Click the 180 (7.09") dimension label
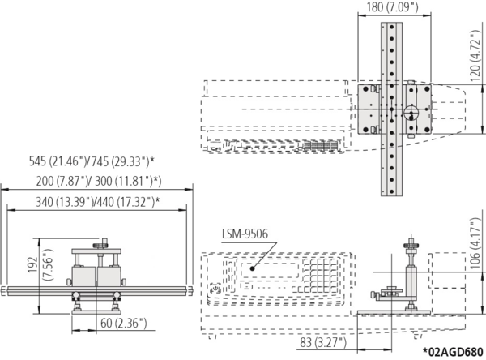coord(392,6)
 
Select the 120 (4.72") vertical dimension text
coord(475,56)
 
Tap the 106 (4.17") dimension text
coord(475,243)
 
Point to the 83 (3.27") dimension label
coord(323,343)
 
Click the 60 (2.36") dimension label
coord(123,323)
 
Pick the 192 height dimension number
coord(33,264)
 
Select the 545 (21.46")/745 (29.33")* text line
coord(92,161)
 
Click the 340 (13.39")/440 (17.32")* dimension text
coord(98,202)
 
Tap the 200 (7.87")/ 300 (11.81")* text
coord(99,182)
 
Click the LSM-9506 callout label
coord(245,234)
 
